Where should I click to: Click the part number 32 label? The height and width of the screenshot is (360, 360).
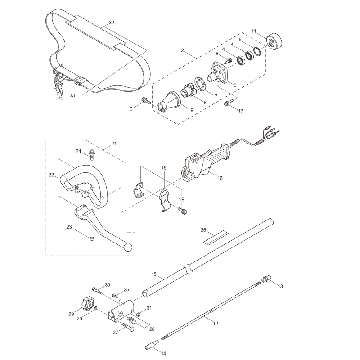point(112,22)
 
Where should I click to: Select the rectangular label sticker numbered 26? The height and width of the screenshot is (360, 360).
point(215,238)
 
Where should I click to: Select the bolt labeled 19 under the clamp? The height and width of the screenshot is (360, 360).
point(183,210)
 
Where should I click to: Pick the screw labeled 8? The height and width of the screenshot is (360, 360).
point(228,60)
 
